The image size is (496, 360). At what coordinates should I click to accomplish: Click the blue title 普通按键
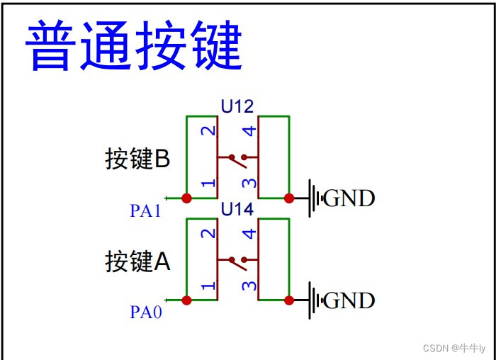pos(134,46)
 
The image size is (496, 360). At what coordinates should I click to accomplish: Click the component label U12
pos(237,107)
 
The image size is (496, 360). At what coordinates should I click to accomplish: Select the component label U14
pos(237,210)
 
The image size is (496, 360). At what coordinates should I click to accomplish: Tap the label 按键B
pos(137,159)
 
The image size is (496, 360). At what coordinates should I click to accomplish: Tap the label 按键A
pos(137,261)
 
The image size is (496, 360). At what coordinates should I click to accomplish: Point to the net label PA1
pos(146,211)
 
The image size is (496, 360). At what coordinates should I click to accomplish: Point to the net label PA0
pos(146,313)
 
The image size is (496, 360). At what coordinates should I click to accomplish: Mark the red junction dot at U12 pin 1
pos(187,198)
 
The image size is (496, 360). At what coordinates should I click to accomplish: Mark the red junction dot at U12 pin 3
pos(289,198)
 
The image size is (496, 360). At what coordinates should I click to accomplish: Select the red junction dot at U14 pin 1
pos(187,300)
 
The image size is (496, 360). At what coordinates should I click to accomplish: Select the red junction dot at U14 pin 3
pos(289,300)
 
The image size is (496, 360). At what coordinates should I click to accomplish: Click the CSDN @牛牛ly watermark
pos(454,348)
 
